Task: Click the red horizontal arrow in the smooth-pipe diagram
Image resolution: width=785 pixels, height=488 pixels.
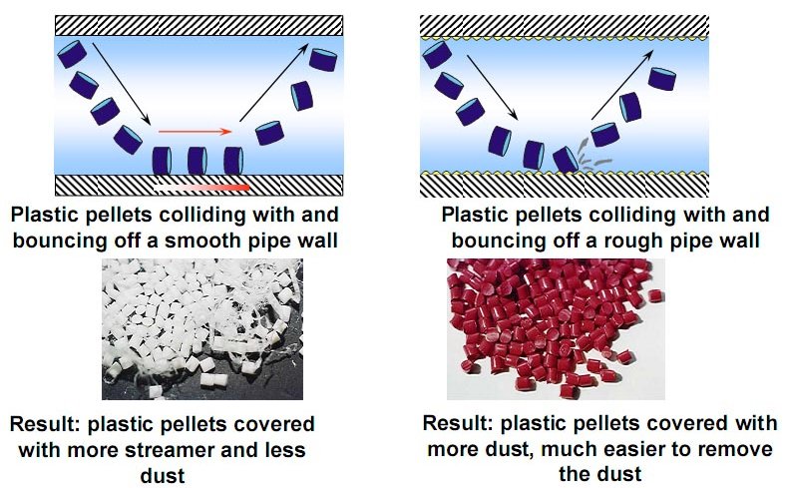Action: point(196,131)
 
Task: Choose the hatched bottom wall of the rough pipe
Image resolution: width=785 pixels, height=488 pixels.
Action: point(565,185)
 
